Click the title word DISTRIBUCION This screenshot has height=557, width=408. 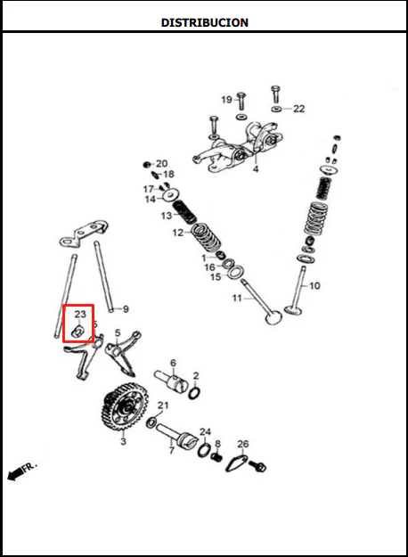[205, 22]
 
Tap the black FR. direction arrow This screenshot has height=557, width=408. [15, 474]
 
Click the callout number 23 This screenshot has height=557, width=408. [80, 314]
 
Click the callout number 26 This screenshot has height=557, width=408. [243, 444]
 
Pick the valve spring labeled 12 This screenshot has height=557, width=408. [207, 237]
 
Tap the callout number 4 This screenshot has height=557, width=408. [256, 169]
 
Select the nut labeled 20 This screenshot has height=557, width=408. [146, 164]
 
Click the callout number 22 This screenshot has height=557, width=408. [298, 109]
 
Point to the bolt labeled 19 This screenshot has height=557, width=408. [241, 101]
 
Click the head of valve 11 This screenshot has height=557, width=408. [273, 317]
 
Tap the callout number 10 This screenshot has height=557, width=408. [314, 285]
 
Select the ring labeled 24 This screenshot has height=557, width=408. [204, 450]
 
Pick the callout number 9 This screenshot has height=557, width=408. [126, 309]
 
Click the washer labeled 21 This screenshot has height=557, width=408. [151, 422]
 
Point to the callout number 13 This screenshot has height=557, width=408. [167, 216]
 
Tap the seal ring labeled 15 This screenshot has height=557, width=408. [235, 272]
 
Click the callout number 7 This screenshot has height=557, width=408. [172, 450]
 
